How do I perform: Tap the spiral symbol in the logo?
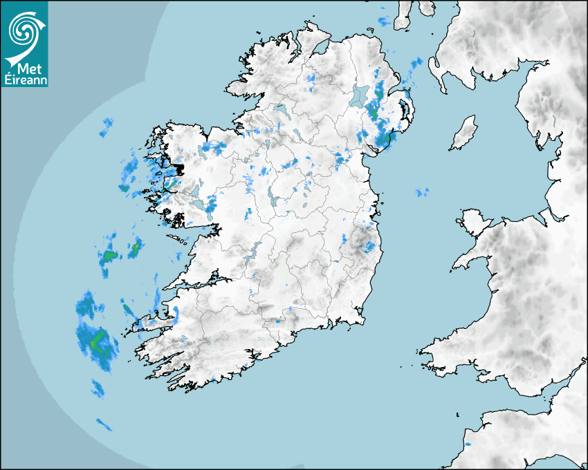pyautogui.click(x=23, y=28)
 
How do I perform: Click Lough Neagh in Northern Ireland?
pyautogui.click(x=359, y=95)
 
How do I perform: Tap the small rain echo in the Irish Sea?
pyautogui.click(x=421, y=191)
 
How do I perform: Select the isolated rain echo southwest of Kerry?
pyautogui.click(x=104, y=424)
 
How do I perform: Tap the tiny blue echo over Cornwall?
pyautogui.click(x=467, y=444)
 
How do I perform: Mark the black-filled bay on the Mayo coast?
pyautogui.click(x=178, y=168)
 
